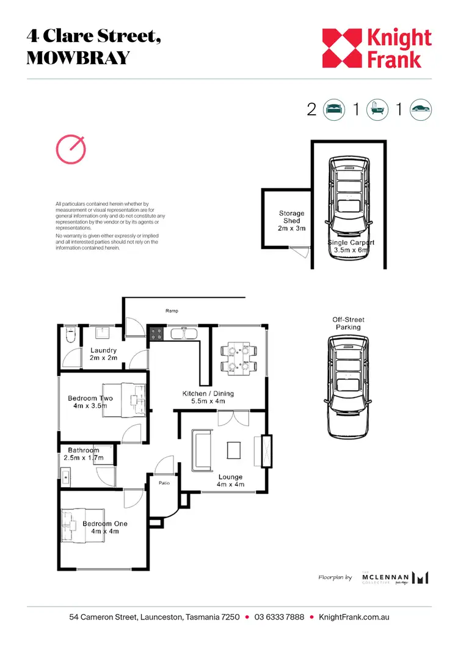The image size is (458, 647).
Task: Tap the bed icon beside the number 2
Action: click(333, 110)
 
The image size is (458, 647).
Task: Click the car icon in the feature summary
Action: click(420, 110)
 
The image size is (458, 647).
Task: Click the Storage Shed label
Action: click(291, 220)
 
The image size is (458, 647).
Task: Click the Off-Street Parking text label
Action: click(348, 323)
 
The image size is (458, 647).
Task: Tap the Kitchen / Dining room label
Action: click(208, 397)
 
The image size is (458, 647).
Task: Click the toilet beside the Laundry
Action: click(70, 336)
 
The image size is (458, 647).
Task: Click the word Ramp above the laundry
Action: click(172, 311)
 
